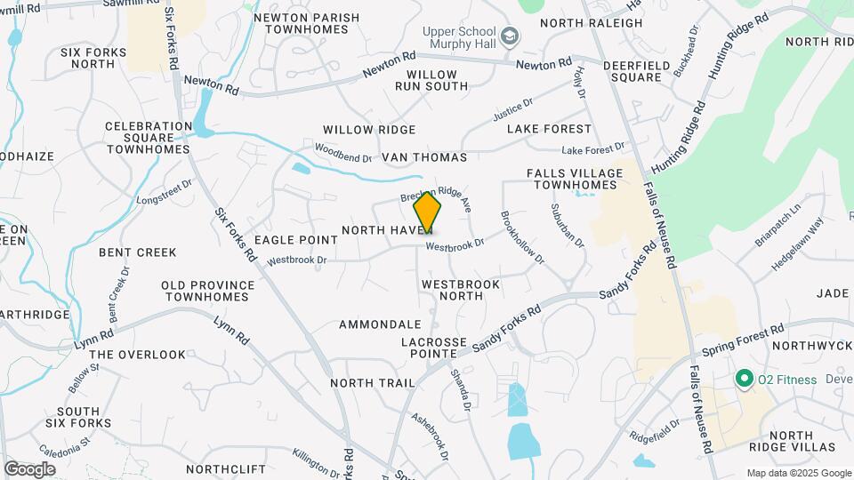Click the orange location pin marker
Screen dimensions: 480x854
click(x=427, y=212)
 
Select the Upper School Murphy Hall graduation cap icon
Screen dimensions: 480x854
click(x=510, y=36)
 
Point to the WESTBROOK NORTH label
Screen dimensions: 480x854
click(x=461, y=291)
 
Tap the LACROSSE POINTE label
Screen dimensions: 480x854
click(x=434, y=348)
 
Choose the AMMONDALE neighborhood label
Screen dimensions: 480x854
click(x=380, y=324)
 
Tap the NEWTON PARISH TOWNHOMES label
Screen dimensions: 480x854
click(x=307, y=24)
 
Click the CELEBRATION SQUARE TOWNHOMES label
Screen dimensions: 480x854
click(x=149, y=138)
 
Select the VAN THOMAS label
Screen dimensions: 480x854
click(x=424, y=157)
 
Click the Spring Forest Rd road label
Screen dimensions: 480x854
click(x=734, y=339)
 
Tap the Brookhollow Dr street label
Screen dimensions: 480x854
click(x=520, y=237)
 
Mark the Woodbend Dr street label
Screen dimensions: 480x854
click(x=343, y=152)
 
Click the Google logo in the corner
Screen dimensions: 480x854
click(x=29, y=468)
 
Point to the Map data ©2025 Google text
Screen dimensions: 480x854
click(x=798, y=473)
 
